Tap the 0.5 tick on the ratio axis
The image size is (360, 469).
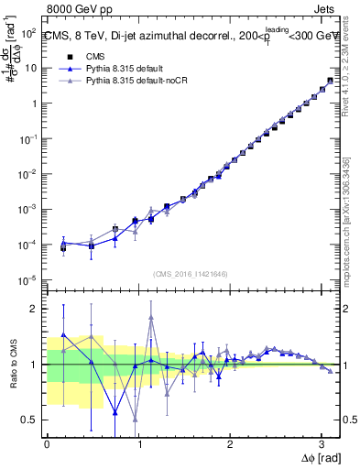[x=28, y=420]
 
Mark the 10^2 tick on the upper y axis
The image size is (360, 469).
[x=27, y=33]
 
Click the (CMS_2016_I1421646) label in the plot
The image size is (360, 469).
[x=190, y=274]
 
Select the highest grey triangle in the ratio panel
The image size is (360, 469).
[x=151, y=318]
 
